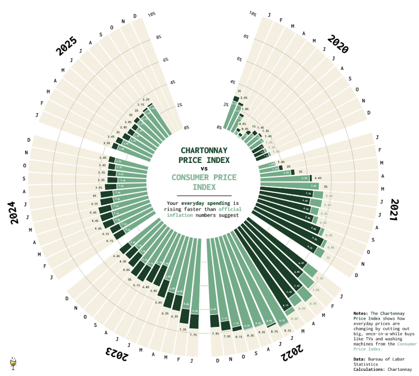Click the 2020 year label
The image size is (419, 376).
[338, 45]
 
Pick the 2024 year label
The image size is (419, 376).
[15, 213]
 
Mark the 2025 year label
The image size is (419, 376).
[67, 47]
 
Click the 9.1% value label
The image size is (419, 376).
[287, 330]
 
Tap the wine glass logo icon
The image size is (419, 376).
[12, 364]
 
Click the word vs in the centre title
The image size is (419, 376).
[204, 169]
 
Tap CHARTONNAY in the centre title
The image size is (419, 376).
[204, 150]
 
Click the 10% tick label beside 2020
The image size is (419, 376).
[253, 14]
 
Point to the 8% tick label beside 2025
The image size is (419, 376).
[158, 37]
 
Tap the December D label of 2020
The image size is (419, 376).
[369, 112]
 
